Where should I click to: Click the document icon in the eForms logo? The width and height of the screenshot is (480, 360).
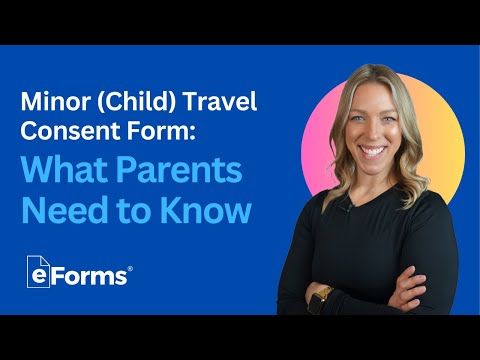pyautogui.click(x=40, y=273)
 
